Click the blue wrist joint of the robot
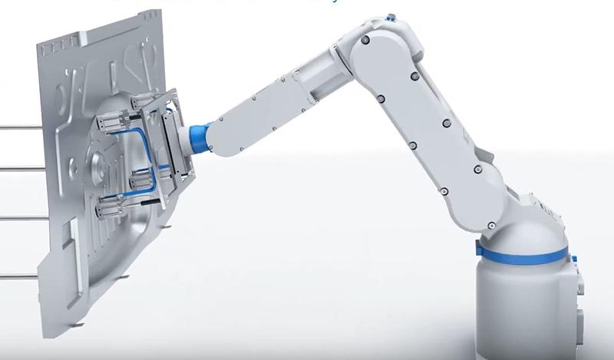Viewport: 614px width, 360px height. pyautogui.click(x=200, y=134)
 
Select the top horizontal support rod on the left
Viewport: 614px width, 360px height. pyautogui.click(x=19, y=127)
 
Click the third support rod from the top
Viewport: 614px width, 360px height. pyautogui.click(x=19, y=218)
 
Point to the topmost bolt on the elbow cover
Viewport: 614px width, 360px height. pyautogui.click(x=366, y=38)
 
